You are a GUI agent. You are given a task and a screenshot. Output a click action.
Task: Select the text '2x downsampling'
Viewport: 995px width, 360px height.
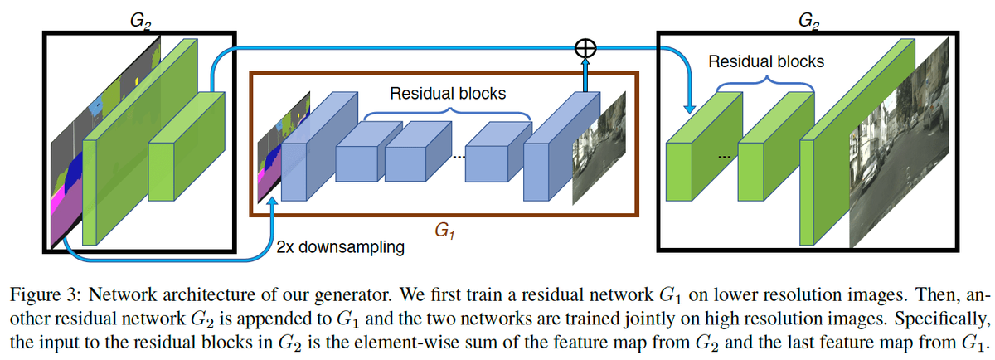(x=341, y=247)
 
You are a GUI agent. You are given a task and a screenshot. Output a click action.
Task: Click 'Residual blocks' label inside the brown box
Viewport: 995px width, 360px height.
(x=449, y=92)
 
